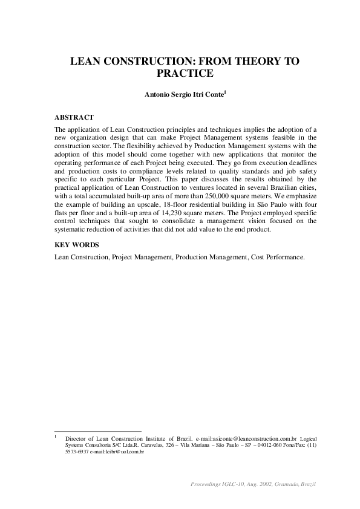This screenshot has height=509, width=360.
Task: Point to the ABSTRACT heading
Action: click(74, 117)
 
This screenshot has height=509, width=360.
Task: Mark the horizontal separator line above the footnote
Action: click(97, 430)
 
